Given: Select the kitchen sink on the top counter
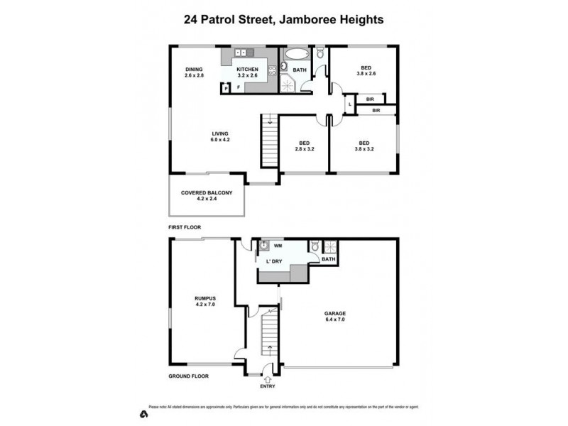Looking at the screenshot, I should [x=241, y=52].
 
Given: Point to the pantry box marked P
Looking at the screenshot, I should [x=226, y=89].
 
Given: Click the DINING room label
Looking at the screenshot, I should [x=194, y=72].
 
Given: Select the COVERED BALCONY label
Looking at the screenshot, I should [x=207, y=195].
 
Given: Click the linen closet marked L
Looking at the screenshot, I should [x=349, y=105].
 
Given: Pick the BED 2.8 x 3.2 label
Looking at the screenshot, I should [x=304, y=146].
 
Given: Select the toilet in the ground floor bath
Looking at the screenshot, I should [x=314, y=248].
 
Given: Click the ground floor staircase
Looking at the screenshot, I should [x=269, y=338].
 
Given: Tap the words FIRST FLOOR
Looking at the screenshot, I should [x=185, y=227].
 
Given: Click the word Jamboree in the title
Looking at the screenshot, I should [x=307, y=20].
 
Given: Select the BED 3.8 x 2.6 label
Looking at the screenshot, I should [x=365, y=72].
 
